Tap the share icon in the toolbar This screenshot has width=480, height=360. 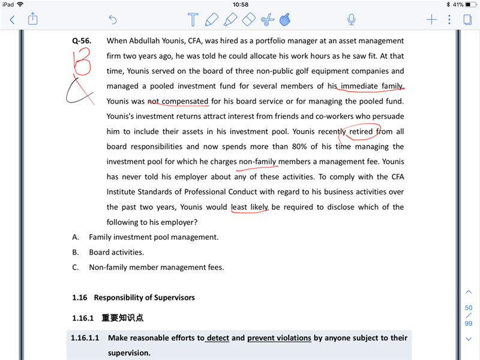click(33, 19)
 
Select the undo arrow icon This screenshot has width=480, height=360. click(113, 20)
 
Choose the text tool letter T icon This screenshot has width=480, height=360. click(193, 20)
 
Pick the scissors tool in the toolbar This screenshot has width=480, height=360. click(267, 20)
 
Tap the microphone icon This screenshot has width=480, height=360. click(352, 20)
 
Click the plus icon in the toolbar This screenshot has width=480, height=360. click(431, 20)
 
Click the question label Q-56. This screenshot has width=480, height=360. click(82, 41)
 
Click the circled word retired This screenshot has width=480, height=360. click(361, 131)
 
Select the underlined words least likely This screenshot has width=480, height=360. click(250, 207)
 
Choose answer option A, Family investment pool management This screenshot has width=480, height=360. click(154, 237)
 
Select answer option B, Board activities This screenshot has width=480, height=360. click(116, 252)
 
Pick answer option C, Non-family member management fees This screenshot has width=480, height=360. click(156, 267)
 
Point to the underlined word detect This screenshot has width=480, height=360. click(218, 338)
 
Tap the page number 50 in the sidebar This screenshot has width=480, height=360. click(469, 308)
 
